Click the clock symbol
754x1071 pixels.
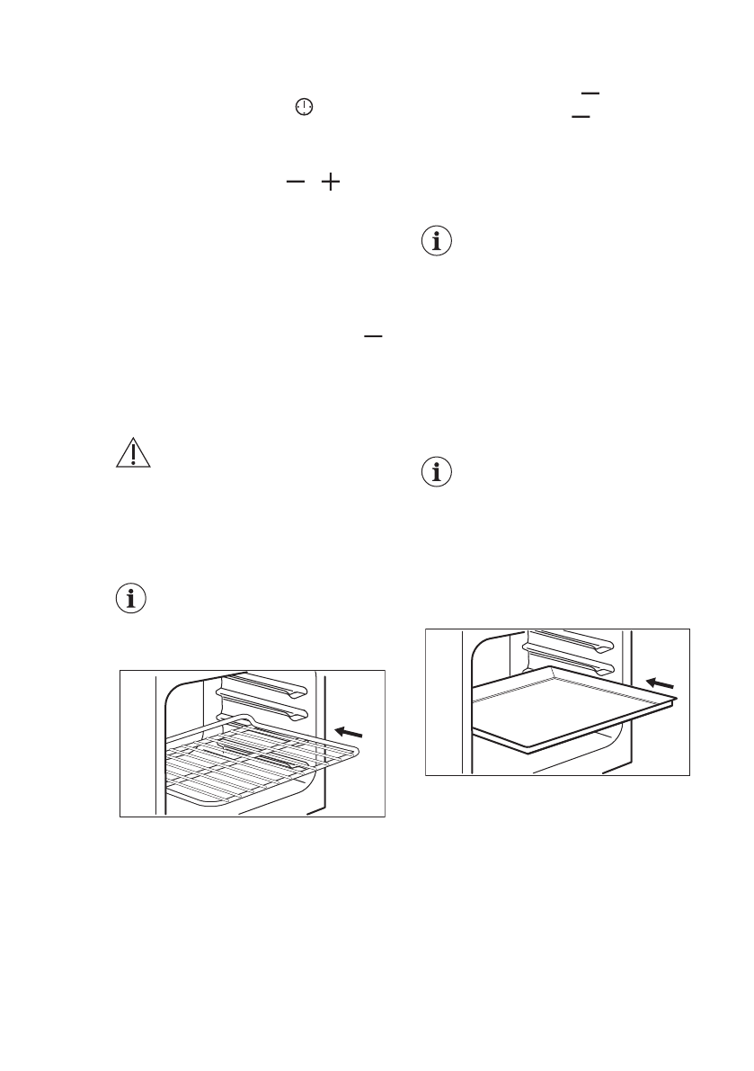coord(306,107)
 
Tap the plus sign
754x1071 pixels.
coord(331,183)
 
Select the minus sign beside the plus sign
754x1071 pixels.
coord(296,183)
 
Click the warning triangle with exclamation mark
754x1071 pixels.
coord(131,453)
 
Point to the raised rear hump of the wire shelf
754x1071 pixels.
coord(237,718)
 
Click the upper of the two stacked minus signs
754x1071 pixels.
coord(589,91)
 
